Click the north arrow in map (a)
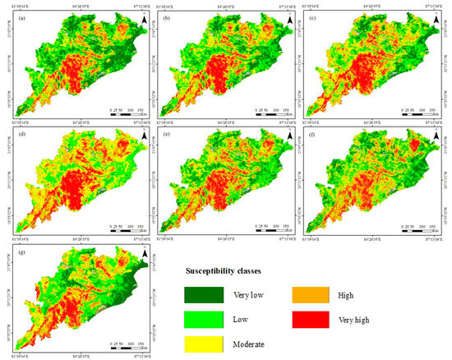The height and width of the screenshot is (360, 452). coord(135,20)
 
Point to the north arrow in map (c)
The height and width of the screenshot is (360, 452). coord(436,20)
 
